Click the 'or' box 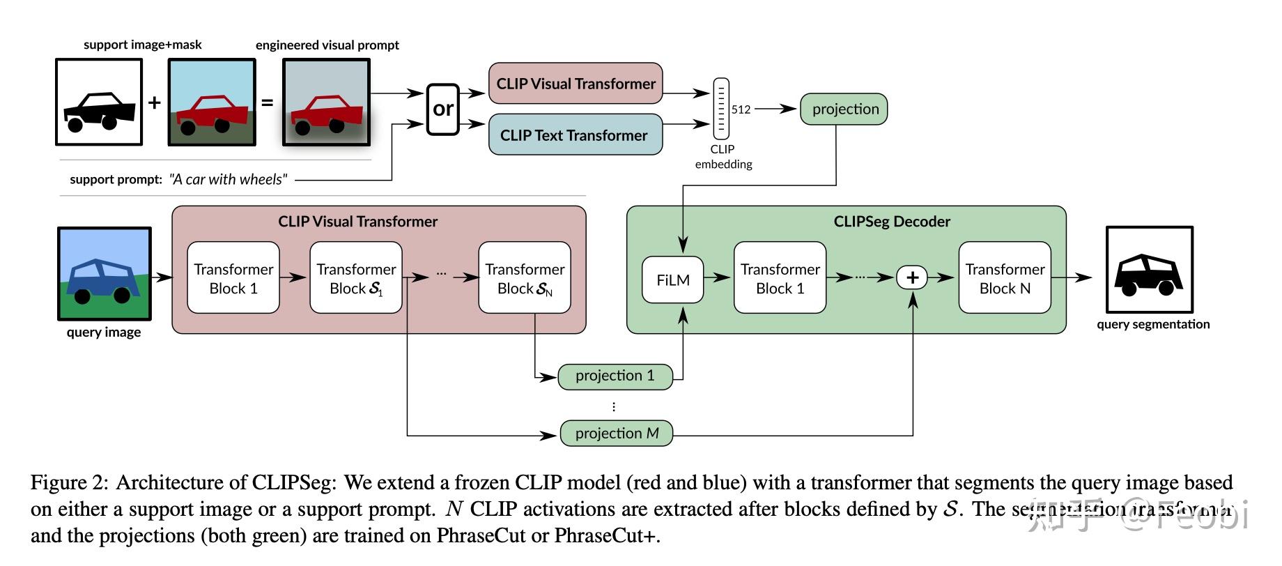(443, 109)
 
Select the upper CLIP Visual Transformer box (576, 84)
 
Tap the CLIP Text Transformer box (576, 135)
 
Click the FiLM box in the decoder (672, 280)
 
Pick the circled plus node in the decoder (912, 277)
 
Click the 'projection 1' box (615, 376)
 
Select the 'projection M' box (617, 433)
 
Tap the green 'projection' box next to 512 (844, 109)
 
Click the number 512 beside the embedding (741, 109)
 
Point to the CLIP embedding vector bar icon (721, 108)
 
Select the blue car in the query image (102, 279)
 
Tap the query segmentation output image (1150, 270)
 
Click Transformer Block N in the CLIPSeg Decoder (1004, 278)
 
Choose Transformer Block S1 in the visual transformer (356, 278)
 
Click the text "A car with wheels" (229, 179)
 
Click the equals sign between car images (267, 102)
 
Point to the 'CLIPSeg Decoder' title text (891, 222)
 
